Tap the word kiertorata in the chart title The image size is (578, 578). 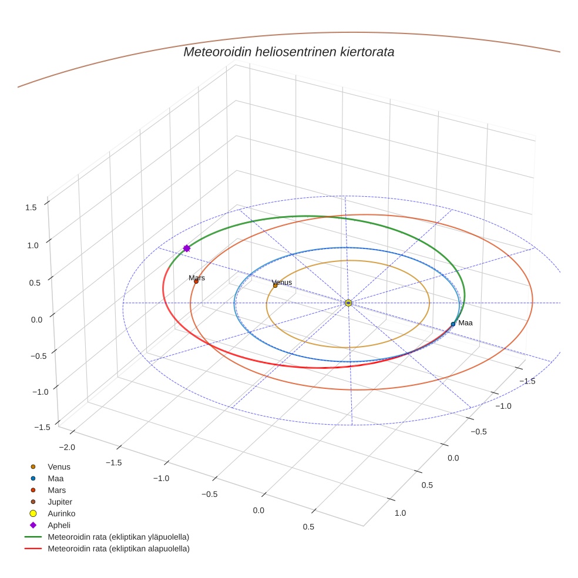pos(367,52)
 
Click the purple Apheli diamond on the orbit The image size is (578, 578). pos(187,248)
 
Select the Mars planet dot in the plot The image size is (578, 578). pos(196,281)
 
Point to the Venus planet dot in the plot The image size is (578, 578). pos(275,285)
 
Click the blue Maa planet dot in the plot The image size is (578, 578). pos(453,324)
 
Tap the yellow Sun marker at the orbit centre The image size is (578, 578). pos(348,303)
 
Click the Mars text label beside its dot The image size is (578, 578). pos(197,277)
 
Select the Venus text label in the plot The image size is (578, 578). pos(282,282)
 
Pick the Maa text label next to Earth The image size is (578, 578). pos(465,322)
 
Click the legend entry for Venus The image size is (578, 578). pos(59,466)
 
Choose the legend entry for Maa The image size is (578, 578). pos(56,478)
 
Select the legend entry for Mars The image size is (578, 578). pos(56,490)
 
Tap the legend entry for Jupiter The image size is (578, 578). pos(60,502)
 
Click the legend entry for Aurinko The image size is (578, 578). pos(61,513)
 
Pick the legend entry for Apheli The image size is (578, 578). pos(59,525)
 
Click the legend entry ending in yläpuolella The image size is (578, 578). pos(118,537)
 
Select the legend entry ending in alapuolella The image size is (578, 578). pos(118,549)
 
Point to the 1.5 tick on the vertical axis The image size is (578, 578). pos(31,207)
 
